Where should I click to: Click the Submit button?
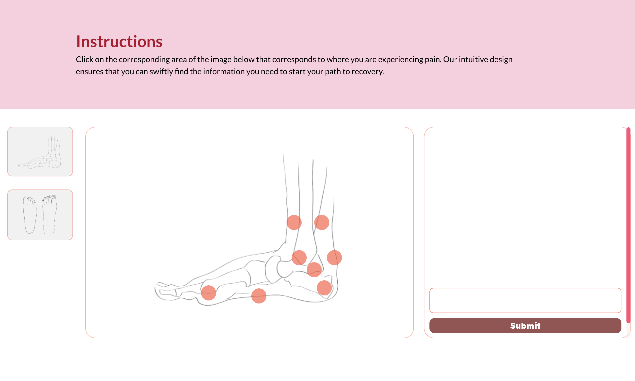coord(525,326)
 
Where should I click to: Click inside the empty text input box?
coord(525,300)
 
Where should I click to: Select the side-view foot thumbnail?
coord(40,151)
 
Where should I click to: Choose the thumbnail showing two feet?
coord(40,215)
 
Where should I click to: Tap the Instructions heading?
coord(119,41)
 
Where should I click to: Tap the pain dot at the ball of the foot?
coord(208,293)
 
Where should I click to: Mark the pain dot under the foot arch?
coord(259,296)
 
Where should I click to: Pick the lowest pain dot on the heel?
coord(324,288)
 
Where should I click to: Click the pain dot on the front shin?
coord(294,222)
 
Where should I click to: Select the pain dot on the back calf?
coord(322,222)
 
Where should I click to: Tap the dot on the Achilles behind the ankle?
coord(334,257)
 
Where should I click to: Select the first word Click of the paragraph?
coord(85,59)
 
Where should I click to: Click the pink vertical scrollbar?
coord(628,225)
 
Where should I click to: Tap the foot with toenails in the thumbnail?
coord(49,214)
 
